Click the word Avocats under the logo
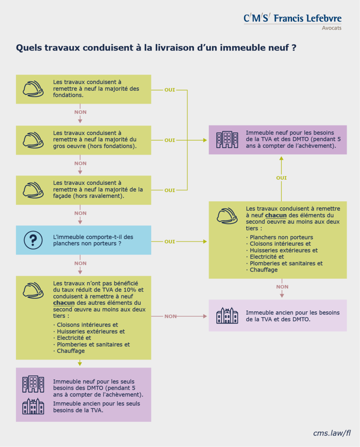click(x=332, y=28)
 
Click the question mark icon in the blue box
click(x=33, y=240)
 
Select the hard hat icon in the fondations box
click(x=33, y=89)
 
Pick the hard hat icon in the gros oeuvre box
click(x=33, y=139)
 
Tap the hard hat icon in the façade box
click(x=33, y=189)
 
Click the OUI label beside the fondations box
click(x=170, y=90)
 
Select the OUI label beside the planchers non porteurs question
click(x=170, y=241)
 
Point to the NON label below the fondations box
click(x=80, y=112)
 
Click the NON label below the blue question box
click(x=80, y=263)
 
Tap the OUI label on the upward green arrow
click(x=282, y=178)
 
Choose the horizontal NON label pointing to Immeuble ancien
click(x=170, y=316)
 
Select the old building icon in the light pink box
click(x=227, y=315)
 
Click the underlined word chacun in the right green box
click(x=276, y=215)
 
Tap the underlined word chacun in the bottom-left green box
click(x=64, y=303)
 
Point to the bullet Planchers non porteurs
click(x=281, y=237)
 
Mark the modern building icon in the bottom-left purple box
click(x=33, y=384)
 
